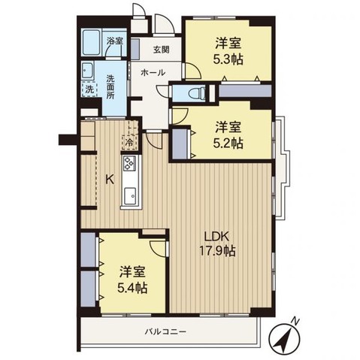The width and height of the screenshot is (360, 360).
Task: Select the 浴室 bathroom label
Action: tap(115, 41)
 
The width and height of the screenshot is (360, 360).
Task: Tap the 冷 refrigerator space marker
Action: tap(129, 141)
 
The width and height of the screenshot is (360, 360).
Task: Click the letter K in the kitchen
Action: tap(109, 179)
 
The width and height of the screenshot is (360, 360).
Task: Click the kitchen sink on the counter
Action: tap(129, 195)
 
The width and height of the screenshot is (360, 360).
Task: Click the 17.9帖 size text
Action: tap(218, 251)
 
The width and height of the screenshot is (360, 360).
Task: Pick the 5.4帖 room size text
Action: tap(132, 288)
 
